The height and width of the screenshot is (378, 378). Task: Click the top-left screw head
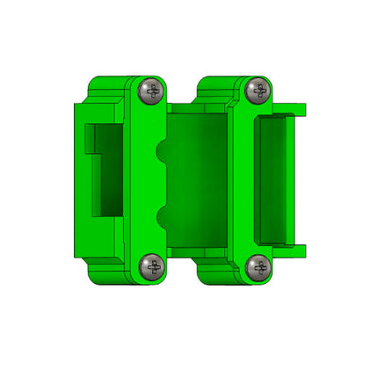[x=152, y=90]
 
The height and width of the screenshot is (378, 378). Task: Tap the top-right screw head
[x=258, y=89]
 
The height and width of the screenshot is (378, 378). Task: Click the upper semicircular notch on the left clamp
[x=162, y=150]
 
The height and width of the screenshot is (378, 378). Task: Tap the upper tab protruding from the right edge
[x=297, y=109]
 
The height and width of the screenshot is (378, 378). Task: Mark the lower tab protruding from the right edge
[x=297, y=251]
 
